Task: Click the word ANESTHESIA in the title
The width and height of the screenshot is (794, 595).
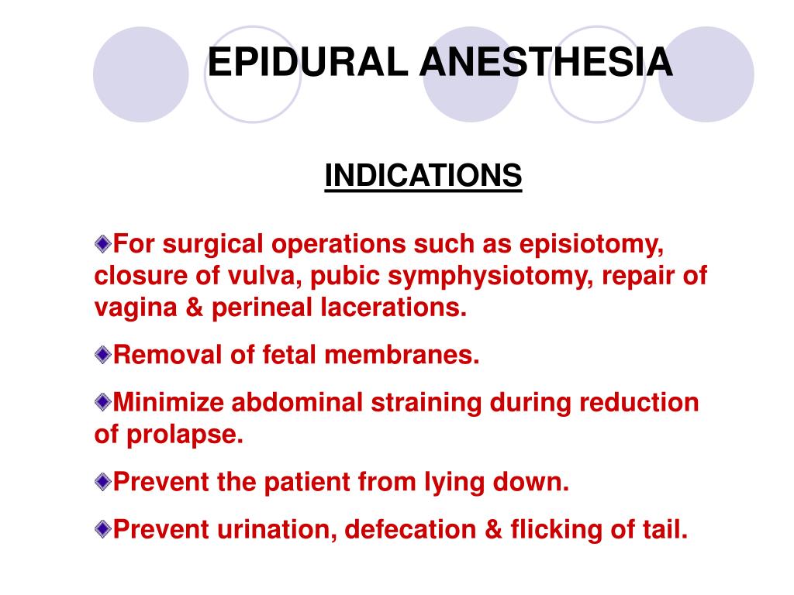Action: pos(546,63)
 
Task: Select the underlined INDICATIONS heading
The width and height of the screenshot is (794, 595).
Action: pos(423,176)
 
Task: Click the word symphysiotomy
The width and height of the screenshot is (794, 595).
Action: pos(508,277)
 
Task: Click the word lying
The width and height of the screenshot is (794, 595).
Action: pos(457,483)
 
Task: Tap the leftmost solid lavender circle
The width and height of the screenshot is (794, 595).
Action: pos(141,74)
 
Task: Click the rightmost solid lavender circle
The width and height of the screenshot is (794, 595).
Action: pos(706,74)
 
